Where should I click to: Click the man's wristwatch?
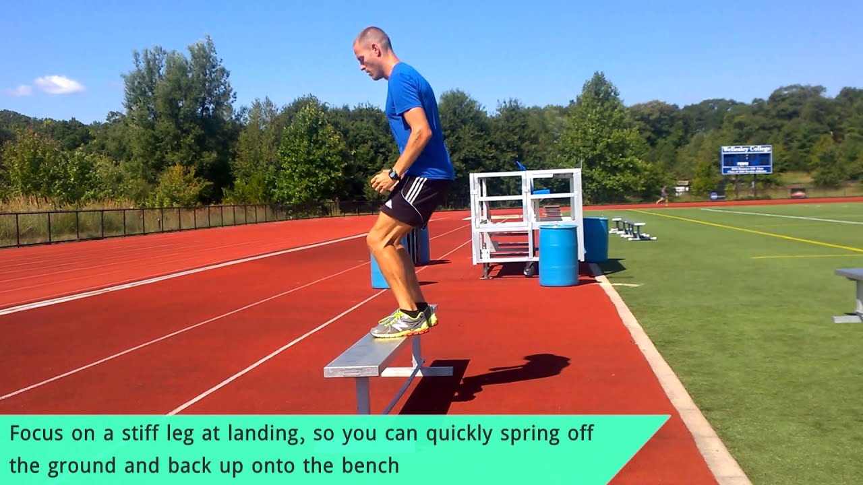coord(394,174)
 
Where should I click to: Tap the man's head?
coord(372,51)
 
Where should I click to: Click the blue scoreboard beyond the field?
coord(746,160)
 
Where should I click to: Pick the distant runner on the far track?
coord(664,195)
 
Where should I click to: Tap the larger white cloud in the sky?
coord(59,84)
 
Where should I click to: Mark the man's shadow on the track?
coord(512,374)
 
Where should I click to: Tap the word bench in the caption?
coord(369,465)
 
